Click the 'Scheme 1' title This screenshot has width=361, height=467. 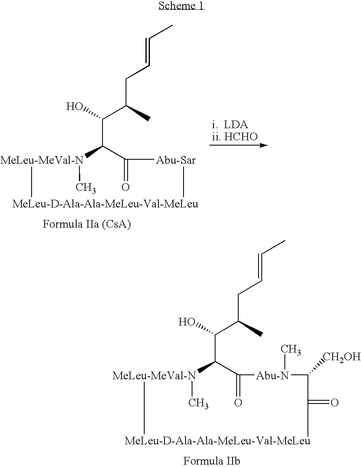pos(182,5)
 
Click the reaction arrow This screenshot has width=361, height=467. pos(238,145)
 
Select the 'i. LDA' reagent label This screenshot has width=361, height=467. pos(229,125)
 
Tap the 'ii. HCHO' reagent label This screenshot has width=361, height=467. pos(235,137)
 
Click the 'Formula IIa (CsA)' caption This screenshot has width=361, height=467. pos(87,224)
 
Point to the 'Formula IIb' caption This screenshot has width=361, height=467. pos(211,461)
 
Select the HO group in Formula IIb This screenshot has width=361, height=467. pos(187,322)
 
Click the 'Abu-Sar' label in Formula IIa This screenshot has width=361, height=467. pos(176,160)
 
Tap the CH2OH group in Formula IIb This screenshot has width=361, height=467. pos(342,357)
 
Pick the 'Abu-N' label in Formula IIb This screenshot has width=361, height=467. pos(273,376)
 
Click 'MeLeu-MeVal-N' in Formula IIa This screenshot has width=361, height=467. pos(42,160)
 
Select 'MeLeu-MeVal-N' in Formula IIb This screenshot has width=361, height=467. pos(154,376)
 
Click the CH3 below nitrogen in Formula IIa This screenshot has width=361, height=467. pos(85,188)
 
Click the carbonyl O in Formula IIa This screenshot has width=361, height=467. pos(126,187)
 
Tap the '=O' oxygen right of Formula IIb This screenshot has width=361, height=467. pos(335,403)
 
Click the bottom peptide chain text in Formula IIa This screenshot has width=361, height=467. pos(105,204)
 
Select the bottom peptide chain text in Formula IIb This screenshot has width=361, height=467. pos(218,440)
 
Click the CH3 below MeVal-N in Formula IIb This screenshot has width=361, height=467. pos(199,403)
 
